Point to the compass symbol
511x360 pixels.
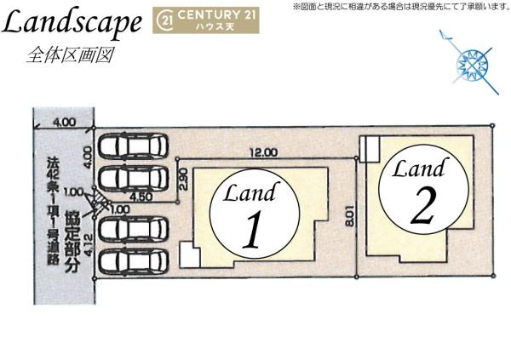(x=469, y=62)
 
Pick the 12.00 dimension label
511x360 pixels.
(x=263, y=153)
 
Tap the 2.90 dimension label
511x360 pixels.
(x=183, y=179)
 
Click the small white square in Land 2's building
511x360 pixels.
(x=370, y=149)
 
